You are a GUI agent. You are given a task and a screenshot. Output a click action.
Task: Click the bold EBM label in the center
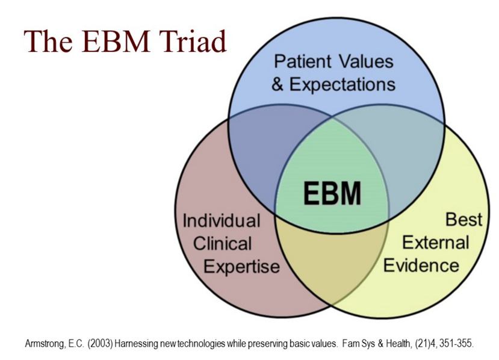coord(332,193)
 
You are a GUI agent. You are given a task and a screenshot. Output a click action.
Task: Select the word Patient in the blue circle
coord(303,61)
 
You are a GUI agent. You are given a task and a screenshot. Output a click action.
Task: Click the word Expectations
coord(342,85)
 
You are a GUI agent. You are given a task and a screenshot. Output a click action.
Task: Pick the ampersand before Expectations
coord(277,85)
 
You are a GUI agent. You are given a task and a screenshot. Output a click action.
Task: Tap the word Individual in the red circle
coord(222,220)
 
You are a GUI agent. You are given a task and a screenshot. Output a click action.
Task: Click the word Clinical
coord(223,243)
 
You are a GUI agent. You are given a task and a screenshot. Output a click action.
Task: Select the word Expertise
coord(241,267)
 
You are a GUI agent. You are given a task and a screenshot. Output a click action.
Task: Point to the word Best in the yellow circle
coord(463,219)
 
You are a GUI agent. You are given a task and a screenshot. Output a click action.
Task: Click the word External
coord(436,243)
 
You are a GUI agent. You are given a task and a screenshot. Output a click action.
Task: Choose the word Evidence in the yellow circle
coord(421,265)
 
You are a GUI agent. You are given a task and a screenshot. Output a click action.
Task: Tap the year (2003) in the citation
coord(101,344)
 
